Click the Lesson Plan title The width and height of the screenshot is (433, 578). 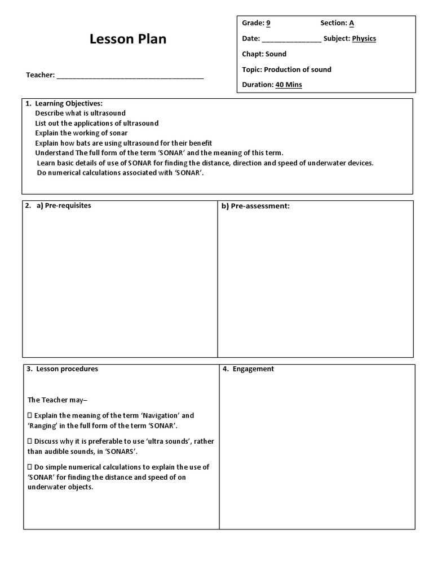point(128,40)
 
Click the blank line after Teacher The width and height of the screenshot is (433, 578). point(130,76)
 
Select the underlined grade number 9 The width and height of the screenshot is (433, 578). point(268,23)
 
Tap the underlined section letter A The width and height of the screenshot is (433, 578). point(351,23)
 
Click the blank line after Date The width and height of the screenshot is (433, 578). point(291,40)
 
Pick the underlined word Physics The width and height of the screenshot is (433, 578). point(364,39)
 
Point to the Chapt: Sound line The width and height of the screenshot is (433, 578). point(264,54)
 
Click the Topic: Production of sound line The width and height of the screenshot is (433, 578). point(286,69)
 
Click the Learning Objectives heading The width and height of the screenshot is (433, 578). point(68,103)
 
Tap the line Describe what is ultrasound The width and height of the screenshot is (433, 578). point(80,113)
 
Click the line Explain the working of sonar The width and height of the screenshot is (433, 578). point(81,133)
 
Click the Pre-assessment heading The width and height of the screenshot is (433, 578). point(255,206)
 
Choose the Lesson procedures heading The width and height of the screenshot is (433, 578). point(67,369)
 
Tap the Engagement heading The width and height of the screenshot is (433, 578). point(253,369)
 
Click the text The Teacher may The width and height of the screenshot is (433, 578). point(55,400)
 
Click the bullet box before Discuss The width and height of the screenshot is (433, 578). point(30,441)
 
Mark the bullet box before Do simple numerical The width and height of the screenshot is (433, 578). point(30,467)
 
